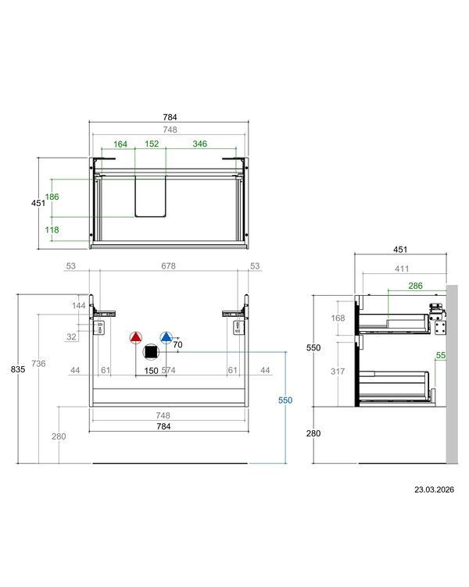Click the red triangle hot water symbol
(x=136, y=338)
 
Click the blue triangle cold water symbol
(x=166, y=338)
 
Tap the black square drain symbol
(x=151, y=352)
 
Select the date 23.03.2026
(x=434, y=489)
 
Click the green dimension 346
(x=200, y=144)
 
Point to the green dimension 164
(x=120, y=144)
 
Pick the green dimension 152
(x=152, y=144)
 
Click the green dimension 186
(x=52, y=197)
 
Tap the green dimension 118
(x=52, y=229)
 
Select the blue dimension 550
(x=285, y=400)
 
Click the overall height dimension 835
(x=18, y=369)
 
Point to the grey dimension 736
(x=38, y=364)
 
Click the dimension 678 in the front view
(x=168, y=266)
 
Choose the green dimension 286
(x=415, y=286)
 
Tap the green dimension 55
(x=441, y=355)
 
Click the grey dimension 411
(x=402, y=269)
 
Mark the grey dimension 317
(x=338, y=372)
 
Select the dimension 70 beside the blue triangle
(x=177, y=344)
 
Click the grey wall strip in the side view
(x=452, y=375)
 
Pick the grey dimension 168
(x=338, y=318)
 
